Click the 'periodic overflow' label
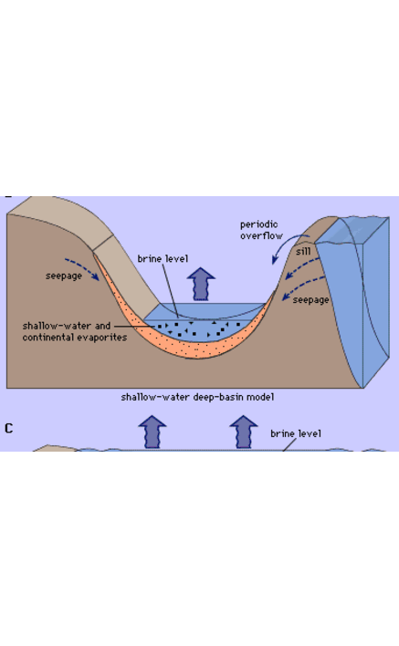261,230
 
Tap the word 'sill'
303,251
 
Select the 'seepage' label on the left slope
64,276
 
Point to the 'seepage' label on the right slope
310,300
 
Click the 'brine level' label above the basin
163,259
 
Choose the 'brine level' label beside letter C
296,433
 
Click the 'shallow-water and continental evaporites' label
75,331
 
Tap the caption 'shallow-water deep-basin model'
197,397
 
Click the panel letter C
8,429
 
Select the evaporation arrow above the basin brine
201,284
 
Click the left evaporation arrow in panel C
152,432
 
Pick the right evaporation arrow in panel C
244,432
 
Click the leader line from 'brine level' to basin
170,290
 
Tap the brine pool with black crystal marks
198,329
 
